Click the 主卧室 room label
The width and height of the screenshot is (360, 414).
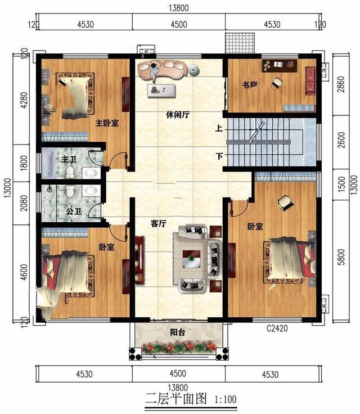point(107,123)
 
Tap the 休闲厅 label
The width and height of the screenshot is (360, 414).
point(178,115)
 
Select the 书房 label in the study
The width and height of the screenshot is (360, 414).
point(250,85)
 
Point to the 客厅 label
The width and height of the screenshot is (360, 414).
point(159,224)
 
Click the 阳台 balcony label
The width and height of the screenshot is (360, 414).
point(178,332)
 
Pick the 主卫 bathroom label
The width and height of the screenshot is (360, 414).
point(69,159)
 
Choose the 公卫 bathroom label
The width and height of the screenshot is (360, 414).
point(74,211)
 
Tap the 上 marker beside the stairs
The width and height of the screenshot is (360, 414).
point(219,129)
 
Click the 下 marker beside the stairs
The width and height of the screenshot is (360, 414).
point(219,156)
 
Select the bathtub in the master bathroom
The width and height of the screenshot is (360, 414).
point(48,164)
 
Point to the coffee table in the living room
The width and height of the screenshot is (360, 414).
point(191,259)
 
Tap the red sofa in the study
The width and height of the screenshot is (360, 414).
point(310,80)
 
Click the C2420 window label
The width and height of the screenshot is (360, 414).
point(277,328)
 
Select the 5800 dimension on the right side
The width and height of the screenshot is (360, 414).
point(341,257)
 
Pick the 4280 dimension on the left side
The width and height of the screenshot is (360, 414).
point(24,100)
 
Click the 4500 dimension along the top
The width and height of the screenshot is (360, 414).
point(179,25)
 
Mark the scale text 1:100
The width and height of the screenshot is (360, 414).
point(226,399)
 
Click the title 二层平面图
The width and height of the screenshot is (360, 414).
point(177,399)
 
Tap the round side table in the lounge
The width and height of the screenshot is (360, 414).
point(194,70)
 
